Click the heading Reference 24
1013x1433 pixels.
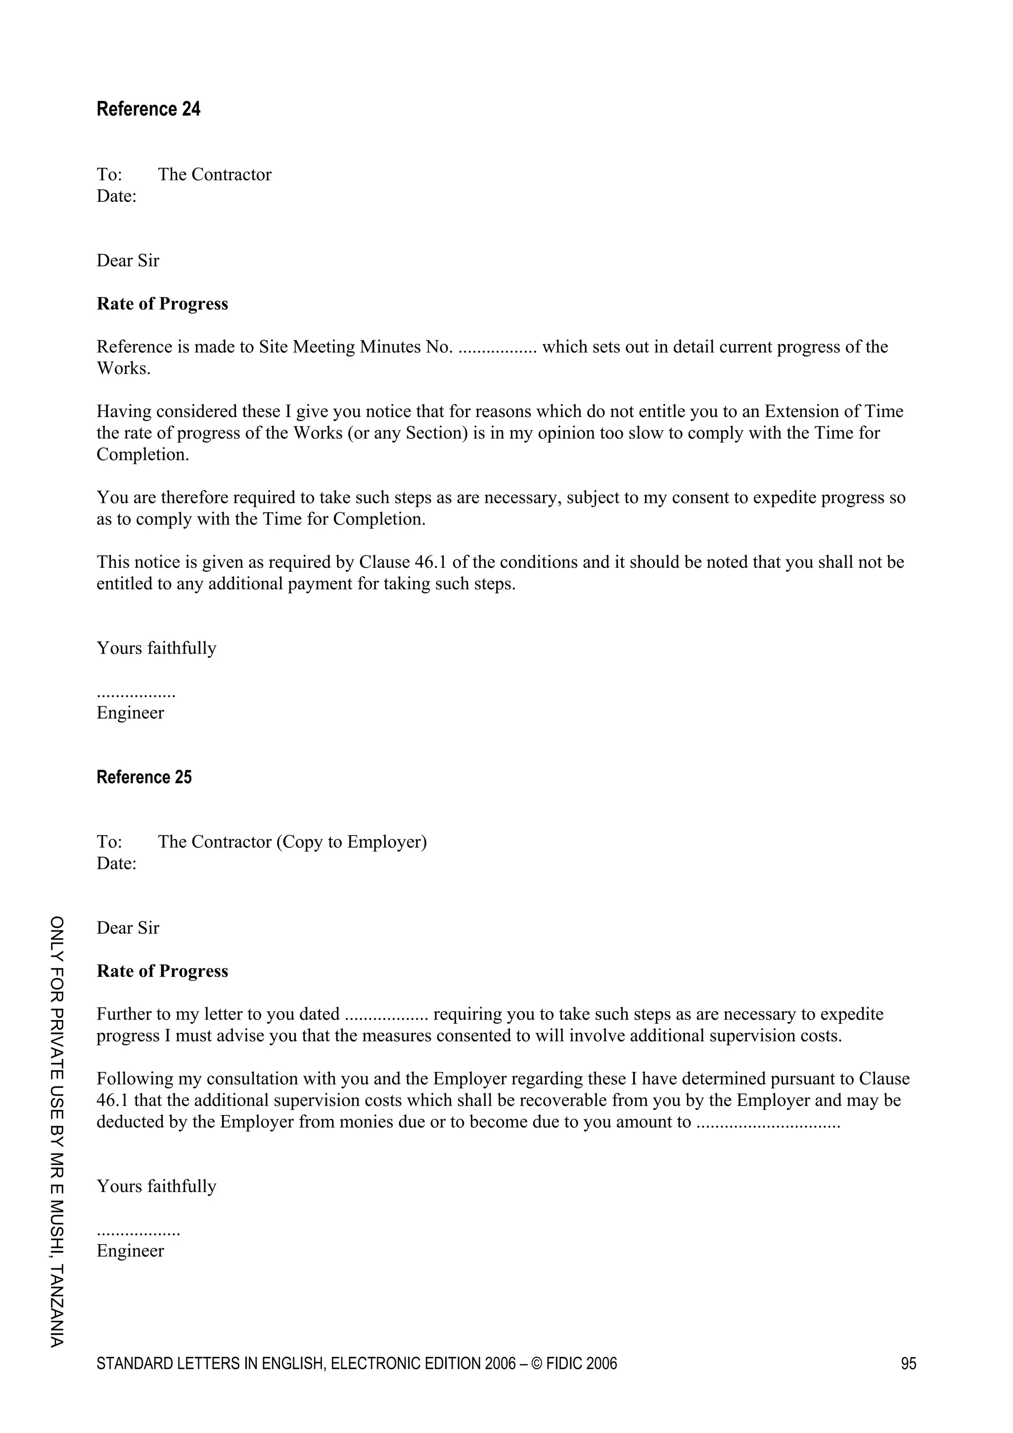148,109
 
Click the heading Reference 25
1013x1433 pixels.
143,777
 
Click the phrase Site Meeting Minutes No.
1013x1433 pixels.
356,347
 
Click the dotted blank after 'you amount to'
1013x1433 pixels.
768,1122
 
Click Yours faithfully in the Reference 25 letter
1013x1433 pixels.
156,1187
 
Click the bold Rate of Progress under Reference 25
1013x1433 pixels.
162,971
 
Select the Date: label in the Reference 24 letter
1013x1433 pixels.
116,196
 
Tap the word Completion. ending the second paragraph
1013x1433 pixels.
142,455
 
